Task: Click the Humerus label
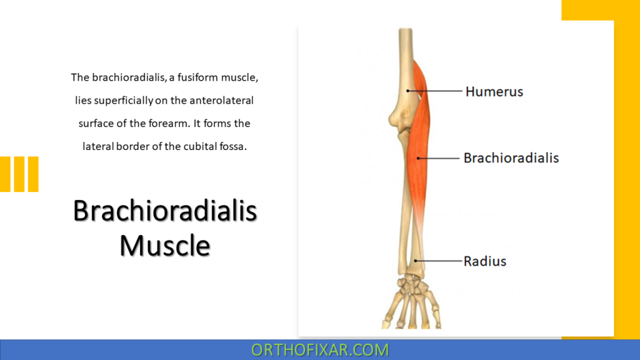coord(494,92)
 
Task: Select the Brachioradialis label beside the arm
coord(511,157)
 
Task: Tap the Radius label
coord(484,261)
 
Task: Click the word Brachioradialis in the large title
coord(164,211)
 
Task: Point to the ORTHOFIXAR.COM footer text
coord(319,350)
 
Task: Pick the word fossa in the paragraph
coord(236,146)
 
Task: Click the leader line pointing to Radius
coord(437,261)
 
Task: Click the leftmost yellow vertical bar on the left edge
coord(4,174)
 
